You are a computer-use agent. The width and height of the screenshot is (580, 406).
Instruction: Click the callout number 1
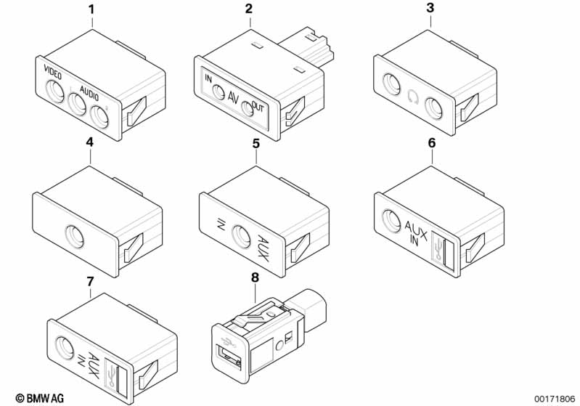click(x=91, y=9)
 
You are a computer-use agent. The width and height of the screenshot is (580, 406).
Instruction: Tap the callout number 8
click(x=256, y=277)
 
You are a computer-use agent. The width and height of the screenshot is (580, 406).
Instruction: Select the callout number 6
click(x=432, y=143)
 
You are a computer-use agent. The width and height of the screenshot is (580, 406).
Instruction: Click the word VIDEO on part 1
click(x=52, y=72)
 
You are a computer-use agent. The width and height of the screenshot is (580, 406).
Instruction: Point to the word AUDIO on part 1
click(x=89, y=92)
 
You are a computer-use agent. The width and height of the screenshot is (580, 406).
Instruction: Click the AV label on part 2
click(x=233, y=98)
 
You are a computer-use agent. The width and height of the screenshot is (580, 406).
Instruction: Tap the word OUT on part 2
click(x=258, y=107)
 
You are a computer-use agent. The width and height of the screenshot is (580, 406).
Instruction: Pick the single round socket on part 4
click(x=74, y=236)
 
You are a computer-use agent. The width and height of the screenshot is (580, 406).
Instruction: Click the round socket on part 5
click(x=241, y=236)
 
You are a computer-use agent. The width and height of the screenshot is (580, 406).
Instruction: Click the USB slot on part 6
click(x=448, y=254)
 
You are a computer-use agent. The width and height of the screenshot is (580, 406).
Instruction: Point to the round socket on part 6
click(x=391, y=222)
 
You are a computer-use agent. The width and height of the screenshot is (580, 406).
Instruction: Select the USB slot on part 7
click(x=121, y=379)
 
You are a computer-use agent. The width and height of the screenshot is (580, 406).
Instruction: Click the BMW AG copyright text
click(x=40, y=398)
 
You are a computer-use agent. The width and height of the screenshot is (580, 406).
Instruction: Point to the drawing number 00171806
click(x=555, y=399)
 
